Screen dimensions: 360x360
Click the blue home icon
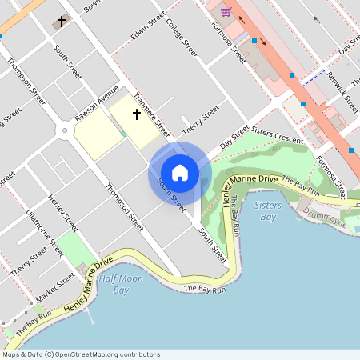click(180, 173)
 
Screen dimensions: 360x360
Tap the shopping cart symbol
click(226, 11)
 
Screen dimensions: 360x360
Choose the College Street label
click(182, 37)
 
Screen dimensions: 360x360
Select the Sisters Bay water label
click(269, 211)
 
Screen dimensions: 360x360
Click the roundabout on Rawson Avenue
click(64, 129)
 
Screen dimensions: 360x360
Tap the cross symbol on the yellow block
click(136, 114)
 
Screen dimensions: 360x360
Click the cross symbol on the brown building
click(61, 22)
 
